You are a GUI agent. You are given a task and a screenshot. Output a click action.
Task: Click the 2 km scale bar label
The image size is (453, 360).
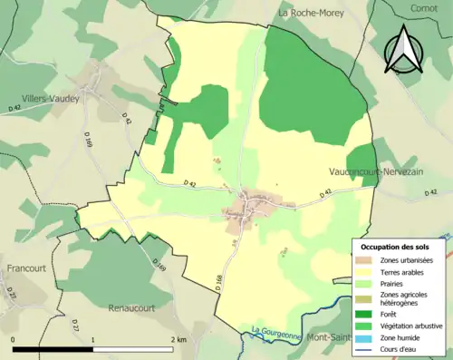pyautogui.click(x=178, y=340)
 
